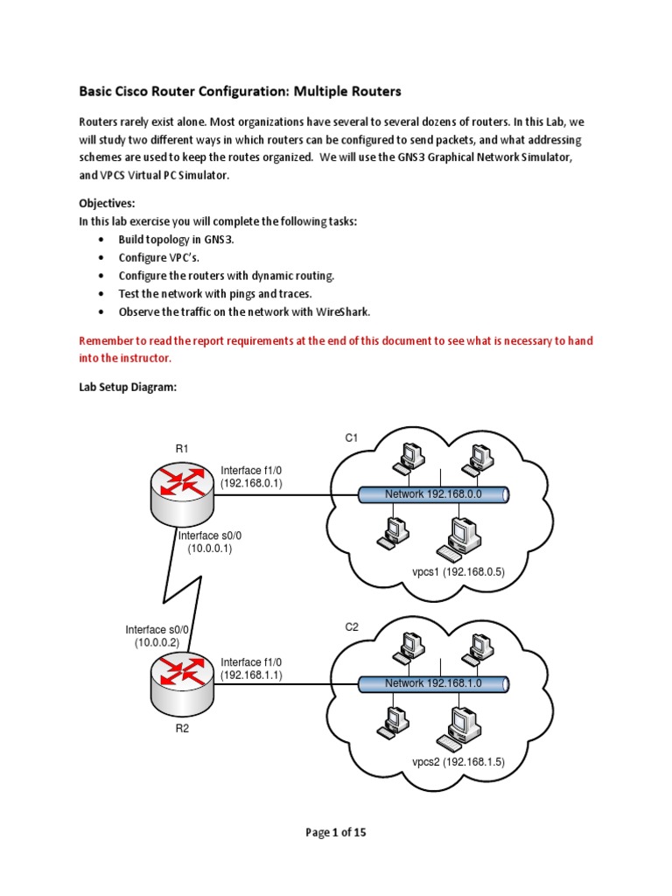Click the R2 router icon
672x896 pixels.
(x=182, y=678)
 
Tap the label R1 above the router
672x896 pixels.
(x=182, y=449)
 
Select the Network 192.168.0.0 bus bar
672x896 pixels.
(x=434, y=495)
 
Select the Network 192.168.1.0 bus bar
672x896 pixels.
(x=434, y=683)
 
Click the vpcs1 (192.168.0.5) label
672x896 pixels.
(x=458, y=572)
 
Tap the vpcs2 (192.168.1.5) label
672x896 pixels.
(x=458, y=761)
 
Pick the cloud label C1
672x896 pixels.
(x=351, y=437)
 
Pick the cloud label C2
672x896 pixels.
(x=351, y=627)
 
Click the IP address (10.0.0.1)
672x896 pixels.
(x=209, y=549)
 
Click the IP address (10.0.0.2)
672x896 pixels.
(x=157, y=642)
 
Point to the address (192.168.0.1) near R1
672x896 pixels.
(x=251, y=482)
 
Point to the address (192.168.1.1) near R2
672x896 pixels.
(x=251, y=675)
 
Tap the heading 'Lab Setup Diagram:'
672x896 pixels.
(x=128, y=387)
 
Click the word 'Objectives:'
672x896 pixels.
(x=107, y=203)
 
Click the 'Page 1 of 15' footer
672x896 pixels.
(x=336, y=832)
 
